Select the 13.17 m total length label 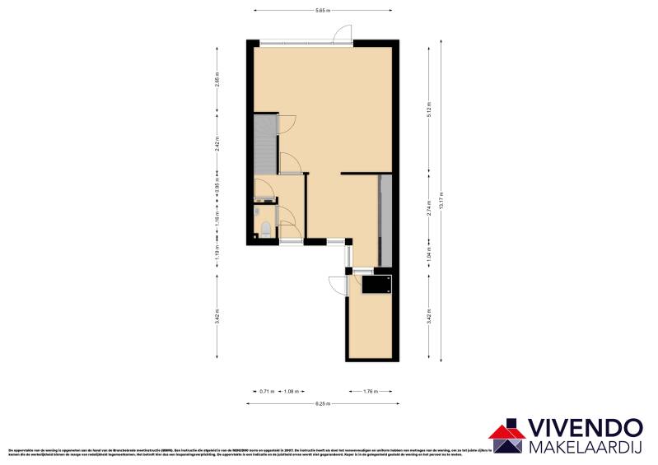point(442,202)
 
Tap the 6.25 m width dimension point(322,403)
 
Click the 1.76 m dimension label point(370,391)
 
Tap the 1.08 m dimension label point(290,391)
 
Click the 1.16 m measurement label point(217,219)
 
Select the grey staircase point(265,145)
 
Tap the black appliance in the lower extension point(377,285)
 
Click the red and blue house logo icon point(506,436)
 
